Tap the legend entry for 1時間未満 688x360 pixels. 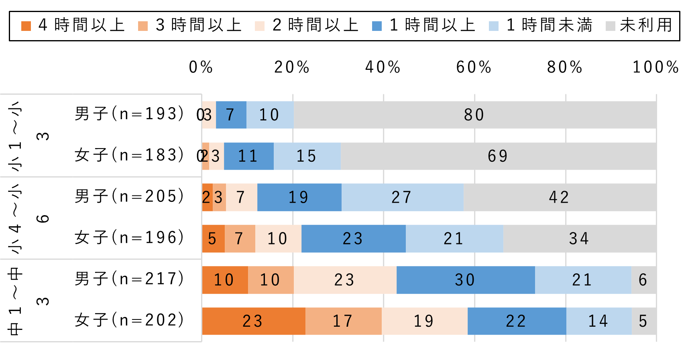pos(540,25)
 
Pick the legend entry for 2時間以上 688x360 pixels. pos(307,25)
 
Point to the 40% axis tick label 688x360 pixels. pos(383,67)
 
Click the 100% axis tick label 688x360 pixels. pos(655,67)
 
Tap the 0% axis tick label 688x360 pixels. pos(201,67)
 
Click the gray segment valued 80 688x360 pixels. pos(474,115)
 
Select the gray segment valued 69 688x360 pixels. pos(498,156)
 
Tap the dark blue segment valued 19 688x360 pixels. pos(299,197)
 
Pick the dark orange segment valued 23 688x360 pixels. pos(253,321)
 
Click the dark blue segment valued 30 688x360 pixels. pos(465,280)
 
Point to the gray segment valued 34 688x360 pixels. pos(579,239)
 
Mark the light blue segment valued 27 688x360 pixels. pos(402,197)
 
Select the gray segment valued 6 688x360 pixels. pos(643,280)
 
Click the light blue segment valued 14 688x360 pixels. pos(598,321)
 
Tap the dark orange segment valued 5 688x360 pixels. pos(213,239)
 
